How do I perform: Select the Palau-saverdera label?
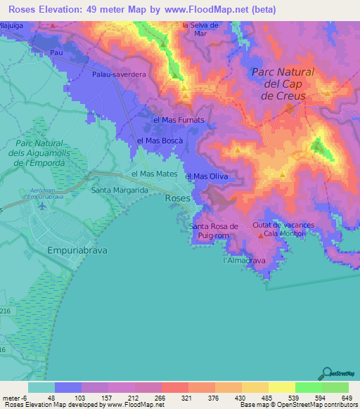pos(118,74)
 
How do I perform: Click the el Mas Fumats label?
pos(179,120)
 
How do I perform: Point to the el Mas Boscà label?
pos(160,141)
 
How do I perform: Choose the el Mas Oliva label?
pos(206,176)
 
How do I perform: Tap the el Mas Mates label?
pos(154,174)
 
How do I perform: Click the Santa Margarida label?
pos(120,190)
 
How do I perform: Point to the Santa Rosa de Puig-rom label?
pos(215,231)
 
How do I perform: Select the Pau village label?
pos(57,53)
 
